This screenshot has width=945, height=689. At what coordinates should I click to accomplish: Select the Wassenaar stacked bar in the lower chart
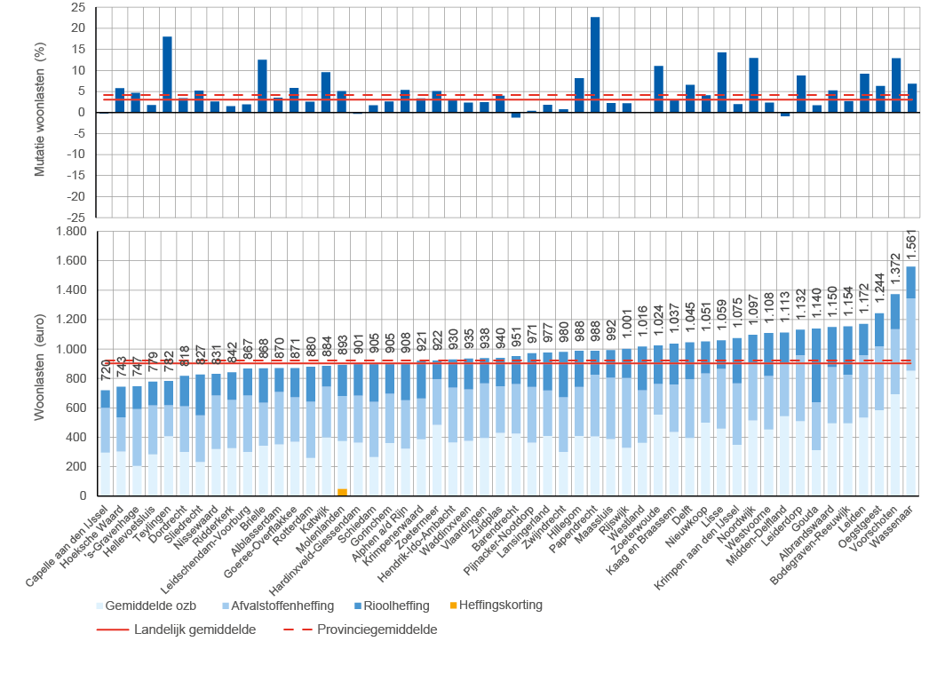911,382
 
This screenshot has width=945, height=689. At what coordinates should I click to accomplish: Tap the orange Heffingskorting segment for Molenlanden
343,492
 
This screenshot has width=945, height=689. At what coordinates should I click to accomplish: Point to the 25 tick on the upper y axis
78,7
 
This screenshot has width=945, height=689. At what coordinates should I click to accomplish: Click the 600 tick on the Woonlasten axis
76,408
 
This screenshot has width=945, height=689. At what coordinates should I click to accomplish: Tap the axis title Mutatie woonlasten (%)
39,111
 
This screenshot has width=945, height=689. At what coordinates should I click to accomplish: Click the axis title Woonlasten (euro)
39,363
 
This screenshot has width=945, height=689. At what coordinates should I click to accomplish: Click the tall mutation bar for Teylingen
167,74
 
